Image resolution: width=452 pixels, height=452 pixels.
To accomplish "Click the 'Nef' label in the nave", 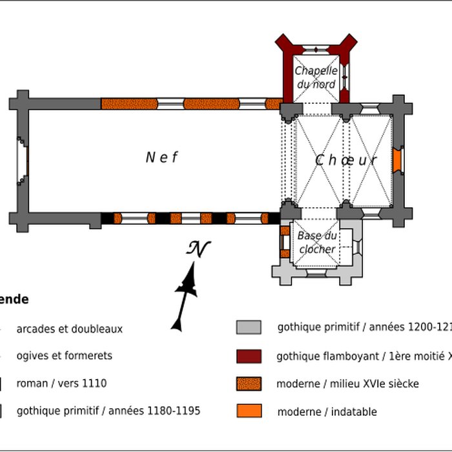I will click(x=161, y=157).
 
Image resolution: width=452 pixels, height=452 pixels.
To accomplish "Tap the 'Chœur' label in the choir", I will click(x=346, y=161).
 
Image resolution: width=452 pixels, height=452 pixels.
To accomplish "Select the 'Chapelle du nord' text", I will click(x=316, y=77).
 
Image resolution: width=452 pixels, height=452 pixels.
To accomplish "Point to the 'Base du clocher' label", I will click(x=317, y=243).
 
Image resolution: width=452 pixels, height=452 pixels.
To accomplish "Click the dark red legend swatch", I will click(x=249, y=356).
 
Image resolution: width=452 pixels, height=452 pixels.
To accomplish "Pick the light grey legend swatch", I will click(x=249, y=327).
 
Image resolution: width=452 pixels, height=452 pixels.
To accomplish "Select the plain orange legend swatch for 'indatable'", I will click(x=249, y=411).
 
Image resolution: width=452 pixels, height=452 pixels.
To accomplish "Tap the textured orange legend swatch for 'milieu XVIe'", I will click(x=249, y=384).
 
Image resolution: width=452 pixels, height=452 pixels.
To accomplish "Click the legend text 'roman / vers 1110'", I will click(x=61, y=384).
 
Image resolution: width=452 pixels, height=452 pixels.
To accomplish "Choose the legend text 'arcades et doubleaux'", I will click(x=69, y=329).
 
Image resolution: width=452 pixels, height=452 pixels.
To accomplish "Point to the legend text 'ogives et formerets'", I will click(x=64, y=356).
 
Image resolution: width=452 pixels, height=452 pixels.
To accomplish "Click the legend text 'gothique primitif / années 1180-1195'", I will click(x=108, y=411).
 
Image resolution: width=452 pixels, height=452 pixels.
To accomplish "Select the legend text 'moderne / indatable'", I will click(x=327, y=411).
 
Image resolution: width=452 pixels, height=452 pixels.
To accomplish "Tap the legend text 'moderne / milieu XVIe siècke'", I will click(x=347, y=384).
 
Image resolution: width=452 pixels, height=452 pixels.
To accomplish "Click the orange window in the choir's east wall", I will click(x=398, y=159).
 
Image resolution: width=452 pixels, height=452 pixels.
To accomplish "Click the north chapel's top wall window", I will click(x=316, y=49).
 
